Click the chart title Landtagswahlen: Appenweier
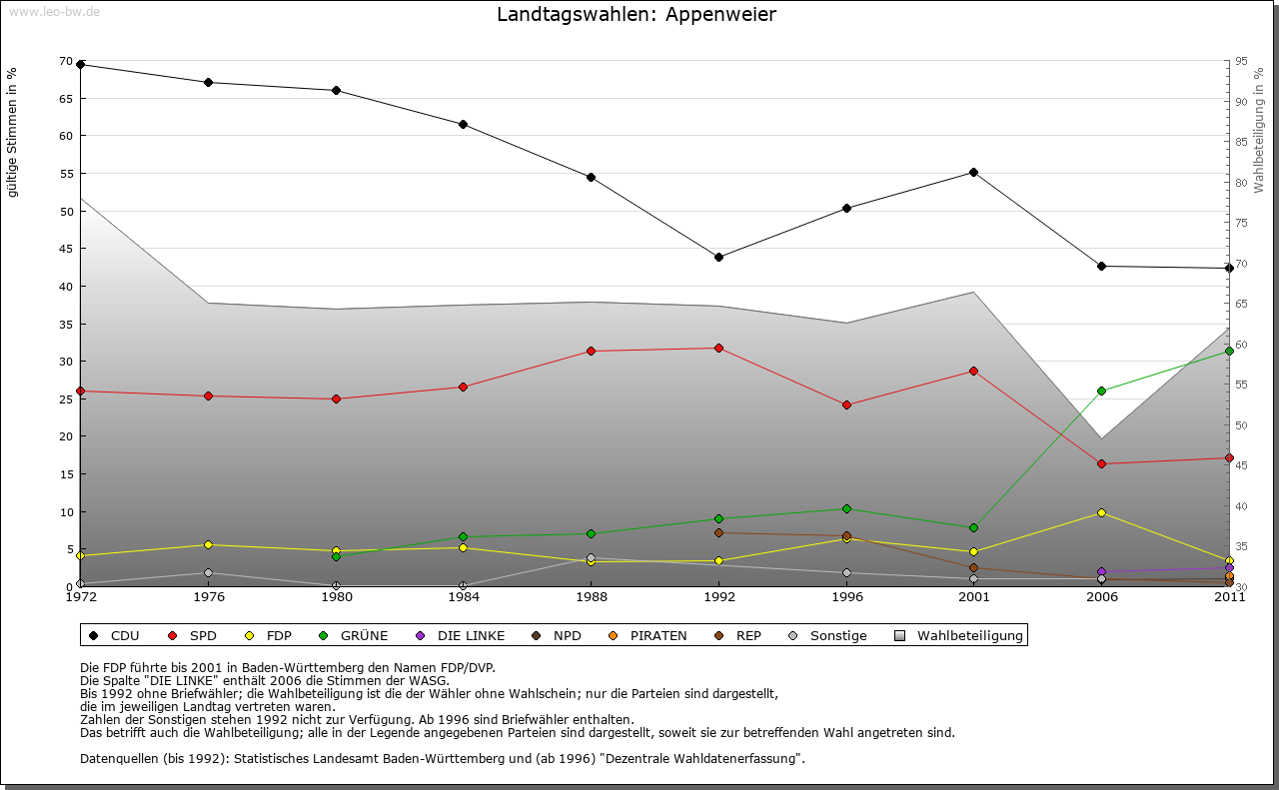[x=637, y=14]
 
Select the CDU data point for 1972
[x=81, y=65]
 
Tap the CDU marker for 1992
[x=718, y=257]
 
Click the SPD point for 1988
[x=591, y=351]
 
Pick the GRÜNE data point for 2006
[x=1101, y=391]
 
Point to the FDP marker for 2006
[x=1101, y=512]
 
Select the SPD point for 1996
[x=846, y=404]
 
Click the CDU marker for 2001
[x=973, y=172]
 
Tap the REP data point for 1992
[x=718, y=532]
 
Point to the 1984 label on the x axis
[x=463, y=597]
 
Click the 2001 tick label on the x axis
[x=973, y=597]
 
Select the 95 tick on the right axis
[x=1240, y=61]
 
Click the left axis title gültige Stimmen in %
[x=13, y=132]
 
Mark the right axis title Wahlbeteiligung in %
[x=1259, y=130]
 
